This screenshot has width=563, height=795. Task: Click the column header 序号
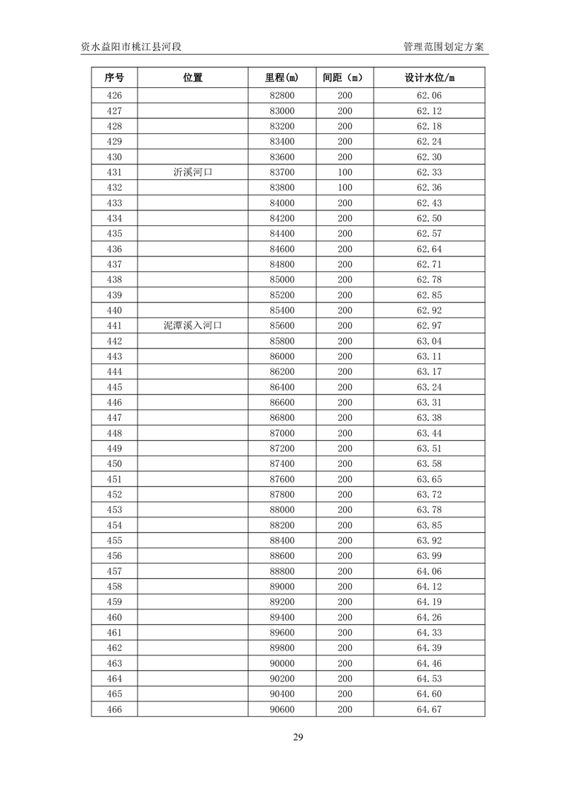point(114,78)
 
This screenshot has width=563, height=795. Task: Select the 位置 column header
point(193,78)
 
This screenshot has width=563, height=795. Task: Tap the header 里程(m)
point(281,78)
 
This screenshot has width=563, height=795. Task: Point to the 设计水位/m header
point(429,78)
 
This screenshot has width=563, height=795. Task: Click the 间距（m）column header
point(344,78)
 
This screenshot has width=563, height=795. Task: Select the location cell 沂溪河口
point(193,172)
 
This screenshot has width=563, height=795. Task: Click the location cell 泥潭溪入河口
point(193,326)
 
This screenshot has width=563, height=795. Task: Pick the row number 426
point(114,96)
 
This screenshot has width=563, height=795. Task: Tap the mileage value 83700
point(281,172)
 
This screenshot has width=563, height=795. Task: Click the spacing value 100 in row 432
point(344,188)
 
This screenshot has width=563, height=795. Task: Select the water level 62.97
point(429,326)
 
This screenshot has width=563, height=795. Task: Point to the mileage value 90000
point(281,664)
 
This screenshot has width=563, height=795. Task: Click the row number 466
point(114,710)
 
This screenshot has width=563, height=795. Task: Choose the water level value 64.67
point(429,710)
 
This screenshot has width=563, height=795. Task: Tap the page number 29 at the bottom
point(298,738)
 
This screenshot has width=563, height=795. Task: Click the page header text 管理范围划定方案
point(443,47)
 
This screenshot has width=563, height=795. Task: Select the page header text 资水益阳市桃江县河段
point(132,47)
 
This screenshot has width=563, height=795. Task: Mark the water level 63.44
point(429,434)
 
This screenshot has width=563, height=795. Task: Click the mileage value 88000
point(281,510)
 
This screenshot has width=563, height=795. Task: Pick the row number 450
point(114,464)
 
